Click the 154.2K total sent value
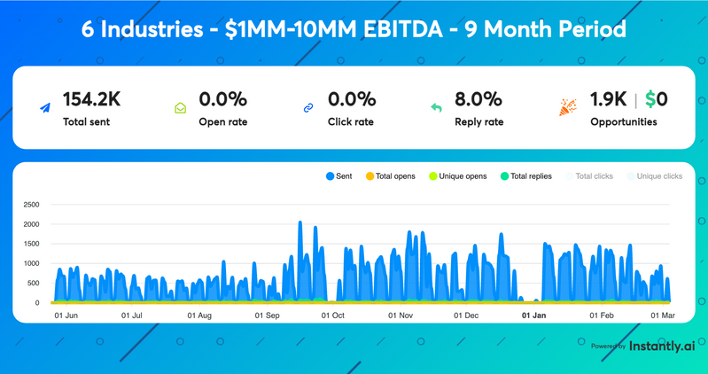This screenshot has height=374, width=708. [92, 99]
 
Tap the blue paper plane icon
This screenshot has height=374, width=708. [45, 108]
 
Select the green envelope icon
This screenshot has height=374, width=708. [181, 108]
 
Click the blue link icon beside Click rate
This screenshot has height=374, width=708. [308, 108]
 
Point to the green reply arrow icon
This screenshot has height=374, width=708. [436, 108]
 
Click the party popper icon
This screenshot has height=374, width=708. [568, 107]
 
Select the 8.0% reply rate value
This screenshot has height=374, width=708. [478, 99]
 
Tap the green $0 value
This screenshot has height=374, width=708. [657, 99]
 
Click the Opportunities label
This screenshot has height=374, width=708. [624, 121]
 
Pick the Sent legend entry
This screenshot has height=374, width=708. [339, 176]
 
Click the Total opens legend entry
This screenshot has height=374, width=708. [390, 176]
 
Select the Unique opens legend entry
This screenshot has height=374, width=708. [458, 176]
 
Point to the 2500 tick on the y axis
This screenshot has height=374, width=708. [30, 205]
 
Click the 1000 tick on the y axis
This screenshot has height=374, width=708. [30, 263]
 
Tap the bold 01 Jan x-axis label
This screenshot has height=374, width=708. [533, 315]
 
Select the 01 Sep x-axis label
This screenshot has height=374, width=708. [267, 315]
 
